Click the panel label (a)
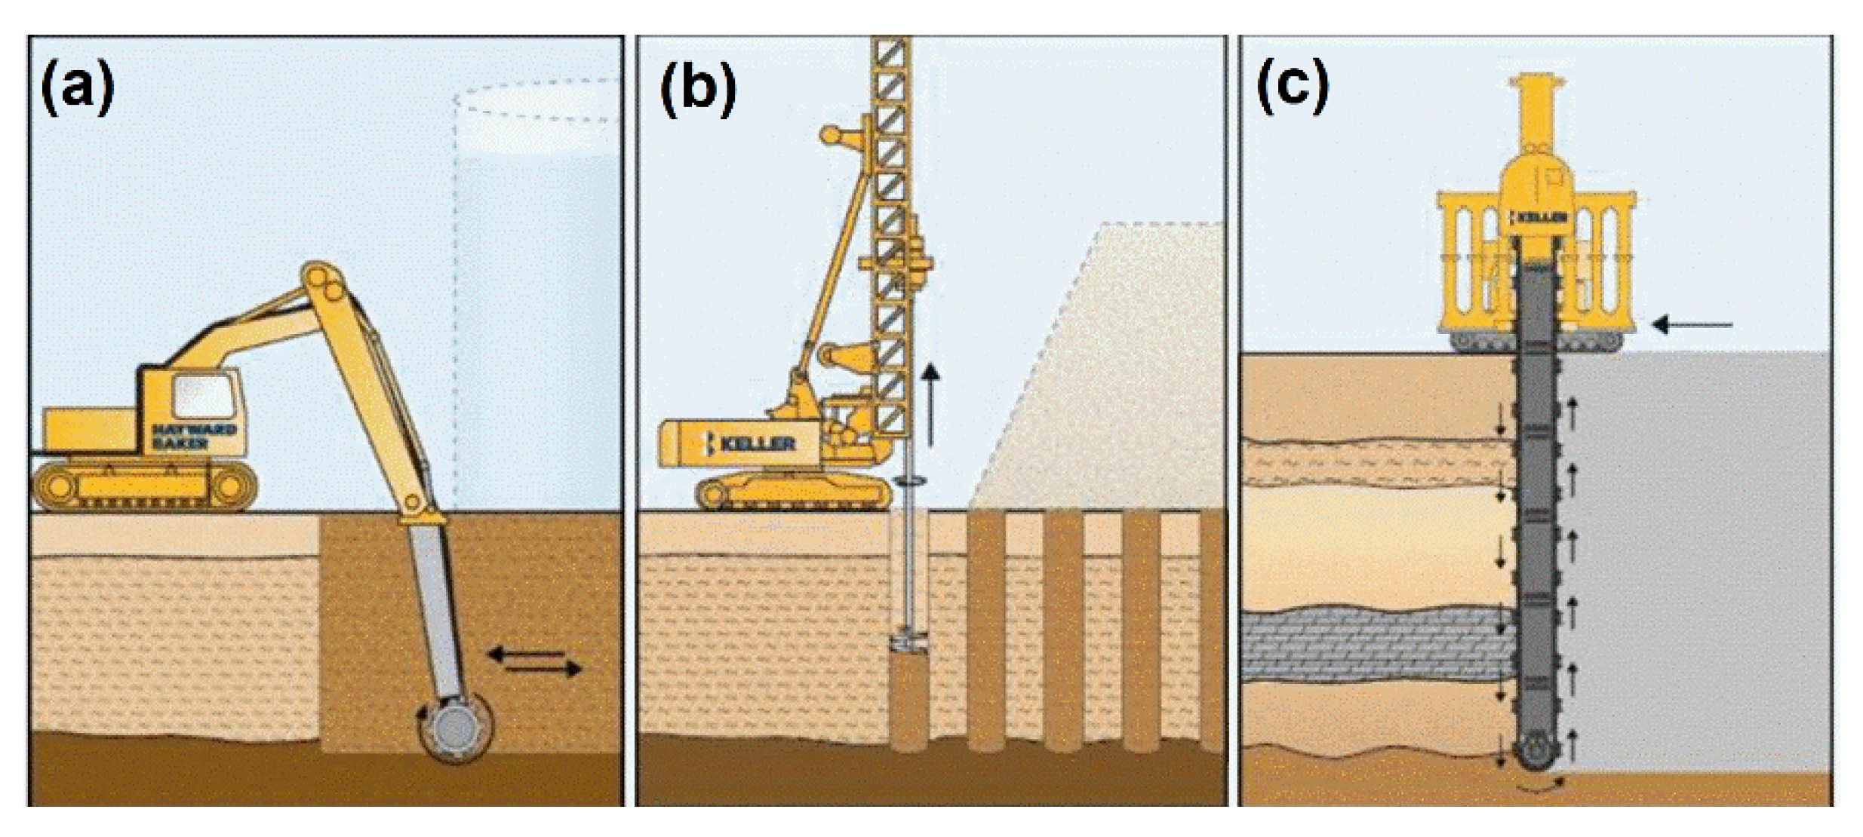point(78,88)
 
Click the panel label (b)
point(697,88)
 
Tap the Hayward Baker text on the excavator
point(194,436)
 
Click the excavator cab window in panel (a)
point(202,396)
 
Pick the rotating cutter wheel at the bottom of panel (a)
point(455,728)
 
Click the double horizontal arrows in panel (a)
point(535,661)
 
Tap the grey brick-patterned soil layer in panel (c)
point(1373,645)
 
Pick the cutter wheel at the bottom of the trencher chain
point(1536,754)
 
